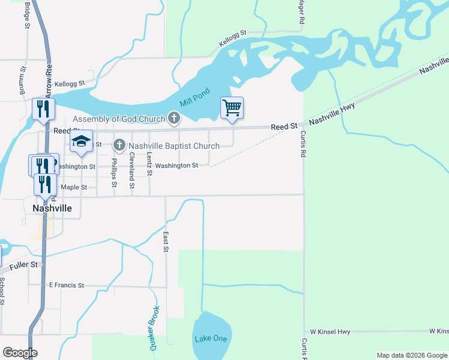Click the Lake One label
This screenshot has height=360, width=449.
click(x=211, y=338)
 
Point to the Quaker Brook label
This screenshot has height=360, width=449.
click(x=154, y=328)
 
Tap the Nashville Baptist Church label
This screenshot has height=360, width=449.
click(x=174, y=145)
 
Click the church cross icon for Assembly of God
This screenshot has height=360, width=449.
click(x=174, y=118)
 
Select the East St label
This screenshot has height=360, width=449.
click(x=166, y=241)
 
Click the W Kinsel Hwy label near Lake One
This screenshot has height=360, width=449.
click(x=330, y=331)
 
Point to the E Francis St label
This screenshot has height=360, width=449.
click(x=66, y=285)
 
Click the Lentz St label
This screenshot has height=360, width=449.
click(x=149, y=163)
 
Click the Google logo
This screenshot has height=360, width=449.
click(x=19, y=353)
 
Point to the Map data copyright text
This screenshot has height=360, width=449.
click(x=412, y=355)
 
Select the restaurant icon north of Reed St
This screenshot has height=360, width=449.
click(x=43, y=109)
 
